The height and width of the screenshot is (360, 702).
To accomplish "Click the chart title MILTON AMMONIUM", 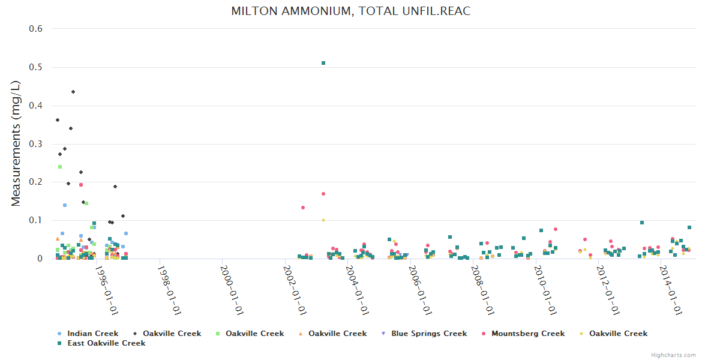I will pos(350,11).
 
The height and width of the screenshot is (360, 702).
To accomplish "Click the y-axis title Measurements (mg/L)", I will pos(16,144).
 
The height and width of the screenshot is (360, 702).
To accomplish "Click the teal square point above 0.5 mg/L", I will pos(323,63).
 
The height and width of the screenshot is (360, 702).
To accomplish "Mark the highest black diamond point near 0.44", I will pos(73,92).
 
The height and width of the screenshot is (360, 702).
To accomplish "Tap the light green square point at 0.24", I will pos(60,167).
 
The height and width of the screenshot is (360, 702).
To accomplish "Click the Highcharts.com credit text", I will pos(673,355).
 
